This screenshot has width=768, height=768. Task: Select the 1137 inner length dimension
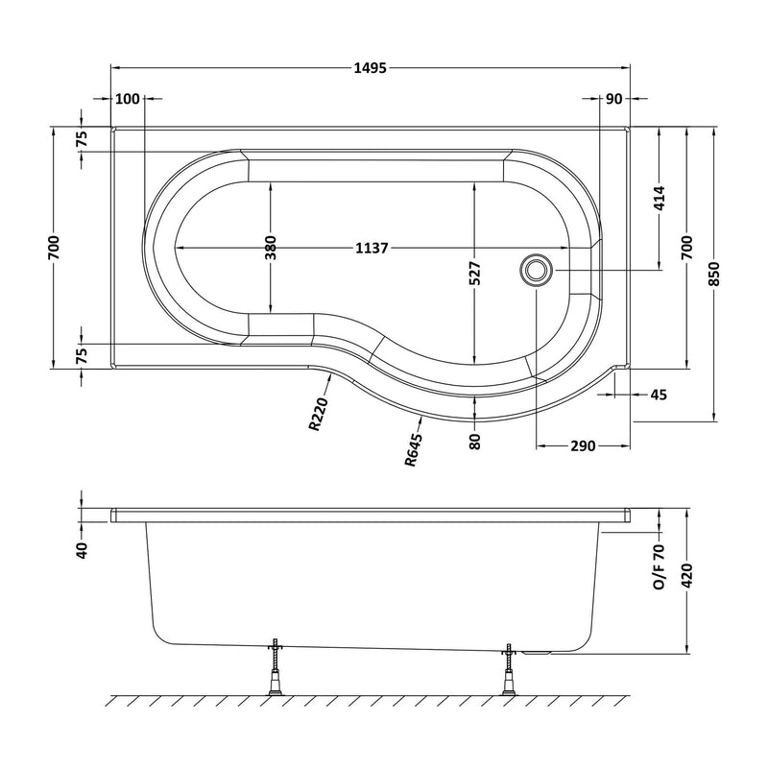pyautogui.click(x=371, y=248)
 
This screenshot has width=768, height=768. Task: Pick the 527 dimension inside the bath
pyautogui.click(x=474, y=274)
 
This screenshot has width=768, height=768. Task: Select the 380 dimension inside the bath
pyautogui.click(x=271, y=248)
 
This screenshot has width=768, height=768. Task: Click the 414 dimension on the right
pyautogui.click(x=660, y=198)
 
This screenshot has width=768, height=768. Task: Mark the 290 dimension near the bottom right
pyautogui.click(x=584, y=445)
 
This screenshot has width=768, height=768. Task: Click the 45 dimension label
pyautogui.click(x=659, y=395)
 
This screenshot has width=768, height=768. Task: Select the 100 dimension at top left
pyautogui.click(x=127, y=99)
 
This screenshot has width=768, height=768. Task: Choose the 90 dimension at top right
pyautogui.click(x=613, y=99)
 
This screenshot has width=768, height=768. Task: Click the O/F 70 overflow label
pyautogui.click(x=660, y=566)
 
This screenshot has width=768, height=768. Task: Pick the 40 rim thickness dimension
pyautogui.click(x=82, y=550)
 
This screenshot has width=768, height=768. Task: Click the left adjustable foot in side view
pyautogui.click(x=275, y=667)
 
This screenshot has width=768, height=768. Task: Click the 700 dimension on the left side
pyautogui.click(x=54, y=248)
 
